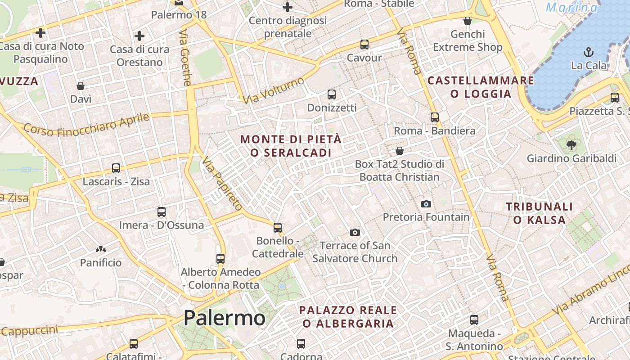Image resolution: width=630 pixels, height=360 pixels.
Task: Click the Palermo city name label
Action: click(x=224, y=318)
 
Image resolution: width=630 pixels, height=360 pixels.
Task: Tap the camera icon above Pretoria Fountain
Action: click(x=426, y=204)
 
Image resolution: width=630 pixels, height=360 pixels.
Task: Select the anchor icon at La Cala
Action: click(x=589, y=52)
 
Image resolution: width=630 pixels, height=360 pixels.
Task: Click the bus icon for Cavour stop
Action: click(x=364, y=45)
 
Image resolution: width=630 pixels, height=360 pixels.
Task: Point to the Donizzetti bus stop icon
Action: click(x=332, y=94)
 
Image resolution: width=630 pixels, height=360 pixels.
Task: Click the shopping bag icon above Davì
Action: click(x=81, y=86)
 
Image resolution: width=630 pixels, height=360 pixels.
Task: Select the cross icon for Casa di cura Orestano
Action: click(x=139, y=36)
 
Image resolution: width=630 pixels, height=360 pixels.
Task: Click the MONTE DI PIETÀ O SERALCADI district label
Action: click(x=291, y=146)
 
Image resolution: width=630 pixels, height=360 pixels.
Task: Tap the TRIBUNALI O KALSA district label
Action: click(x=540, y=213)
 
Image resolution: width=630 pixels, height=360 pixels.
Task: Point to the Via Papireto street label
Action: click(x=222, y=184)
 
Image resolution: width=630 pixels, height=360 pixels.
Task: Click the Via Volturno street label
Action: click(x=273, y=90)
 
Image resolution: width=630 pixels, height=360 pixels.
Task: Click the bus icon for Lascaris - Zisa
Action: click(x=116, y=168)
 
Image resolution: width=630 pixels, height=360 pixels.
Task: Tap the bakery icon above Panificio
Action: click(x=101, y=249)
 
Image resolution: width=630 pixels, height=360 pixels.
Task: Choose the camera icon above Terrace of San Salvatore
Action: click(x=355, y=232)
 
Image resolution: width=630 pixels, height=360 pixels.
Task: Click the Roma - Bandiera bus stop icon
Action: click(x=435, y=117)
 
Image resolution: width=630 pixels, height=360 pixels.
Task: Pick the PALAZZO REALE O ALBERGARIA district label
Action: click(x=348, y=317)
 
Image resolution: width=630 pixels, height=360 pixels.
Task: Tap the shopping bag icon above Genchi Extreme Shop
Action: click(x=468, y=21)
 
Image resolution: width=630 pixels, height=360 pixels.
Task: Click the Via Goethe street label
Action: click(x=185, y=58)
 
